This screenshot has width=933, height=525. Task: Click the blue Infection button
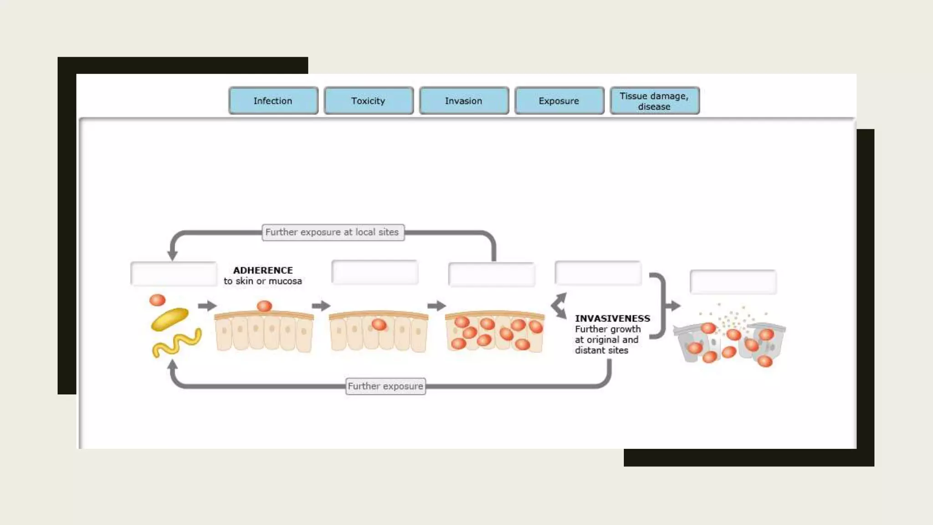point(273,101)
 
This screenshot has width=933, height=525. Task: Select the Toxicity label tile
point(368,101)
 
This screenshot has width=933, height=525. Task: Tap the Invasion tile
point(463,101)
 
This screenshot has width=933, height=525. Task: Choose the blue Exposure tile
point(559,101)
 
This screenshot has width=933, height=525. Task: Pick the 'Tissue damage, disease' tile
point(654,101)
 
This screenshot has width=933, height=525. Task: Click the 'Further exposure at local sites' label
point(332,232)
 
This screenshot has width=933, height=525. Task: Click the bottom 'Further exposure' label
point(385,386)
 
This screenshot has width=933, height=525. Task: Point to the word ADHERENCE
point(263,270)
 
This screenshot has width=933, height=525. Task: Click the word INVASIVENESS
point(612,318)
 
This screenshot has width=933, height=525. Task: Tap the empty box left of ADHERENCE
point(174,273)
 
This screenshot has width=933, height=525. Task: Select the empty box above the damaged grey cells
point(733,282)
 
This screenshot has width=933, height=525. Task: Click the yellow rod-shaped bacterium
point(169,319)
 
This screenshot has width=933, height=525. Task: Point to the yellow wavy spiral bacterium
point(177,343)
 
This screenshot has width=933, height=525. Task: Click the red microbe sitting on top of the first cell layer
point(264,306)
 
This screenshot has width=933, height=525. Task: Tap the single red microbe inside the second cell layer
point(379,324)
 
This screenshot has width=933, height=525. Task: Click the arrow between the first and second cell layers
point(321,305)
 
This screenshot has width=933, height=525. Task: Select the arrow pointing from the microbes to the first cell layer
point(207,305)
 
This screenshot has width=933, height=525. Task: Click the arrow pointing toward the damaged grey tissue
point(673,305)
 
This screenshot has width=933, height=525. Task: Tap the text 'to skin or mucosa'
point(263,281)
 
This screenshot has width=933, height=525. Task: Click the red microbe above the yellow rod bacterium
point(158,300)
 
